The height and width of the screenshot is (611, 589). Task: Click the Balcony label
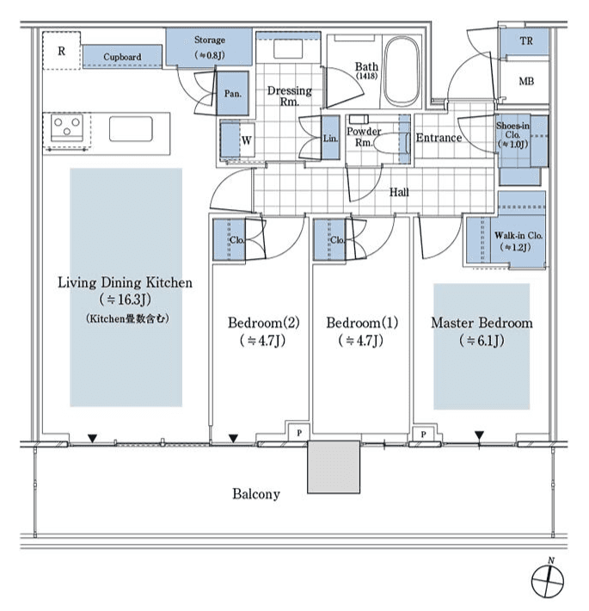(x=255, y=494)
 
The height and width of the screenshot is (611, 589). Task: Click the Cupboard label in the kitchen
(x=122, y=58)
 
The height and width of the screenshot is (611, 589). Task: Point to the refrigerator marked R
(x=61, y=51)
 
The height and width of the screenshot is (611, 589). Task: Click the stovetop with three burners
(x=66, y=129)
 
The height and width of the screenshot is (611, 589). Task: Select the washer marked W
(x=245, y=140)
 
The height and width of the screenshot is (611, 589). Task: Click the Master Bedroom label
(x=481, y=324)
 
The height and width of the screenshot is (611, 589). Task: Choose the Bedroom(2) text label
(x=263, y=324)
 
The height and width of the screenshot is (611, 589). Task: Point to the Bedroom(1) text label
(x=362, y=324)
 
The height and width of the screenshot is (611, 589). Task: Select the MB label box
(x=525, y=82)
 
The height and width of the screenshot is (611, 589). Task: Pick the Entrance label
(x=439, y=138)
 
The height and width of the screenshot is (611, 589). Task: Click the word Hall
(x=398, y=192)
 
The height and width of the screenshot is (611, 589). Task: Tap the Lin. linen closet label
(x=330, y=139)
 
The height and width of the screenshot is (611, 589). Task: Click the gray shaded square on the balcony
(x=334, y=467)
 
